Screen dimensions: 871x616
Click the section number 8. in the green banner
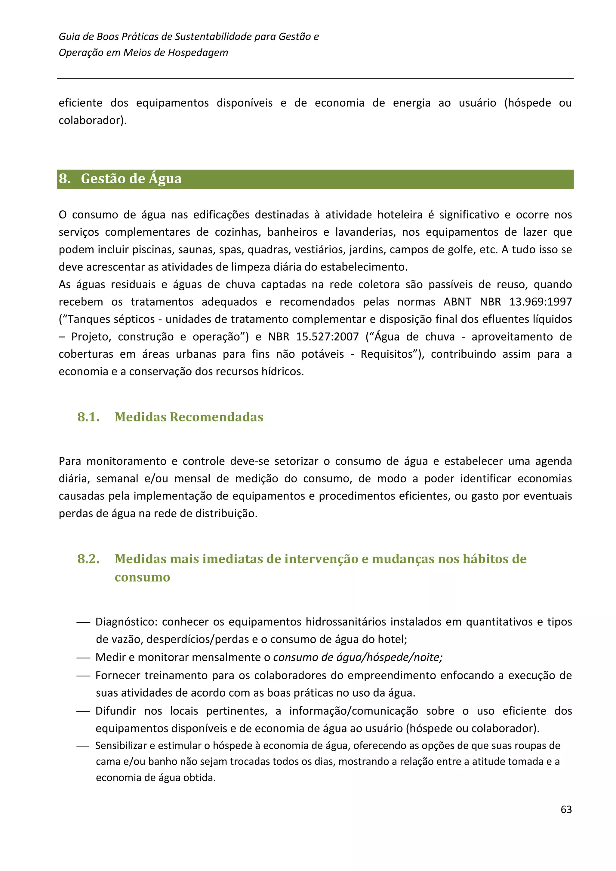tap(65, 179)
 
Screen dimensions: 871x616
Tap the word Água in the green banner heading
tap(165, 179)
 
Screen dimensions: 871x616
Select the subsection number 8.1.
tap(88, 417)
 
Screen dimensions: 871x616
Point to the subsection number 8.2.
tap(88, 559)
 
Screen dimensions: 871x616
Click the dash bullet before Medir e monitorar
tap(83, 657)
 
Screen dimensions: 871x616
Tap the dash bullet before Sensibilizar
tap(83, 746)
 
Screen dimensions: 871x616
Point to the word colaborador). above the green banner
tap(93, 120)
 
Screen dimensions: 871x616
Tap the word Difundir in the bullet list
tap(116, 711)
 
